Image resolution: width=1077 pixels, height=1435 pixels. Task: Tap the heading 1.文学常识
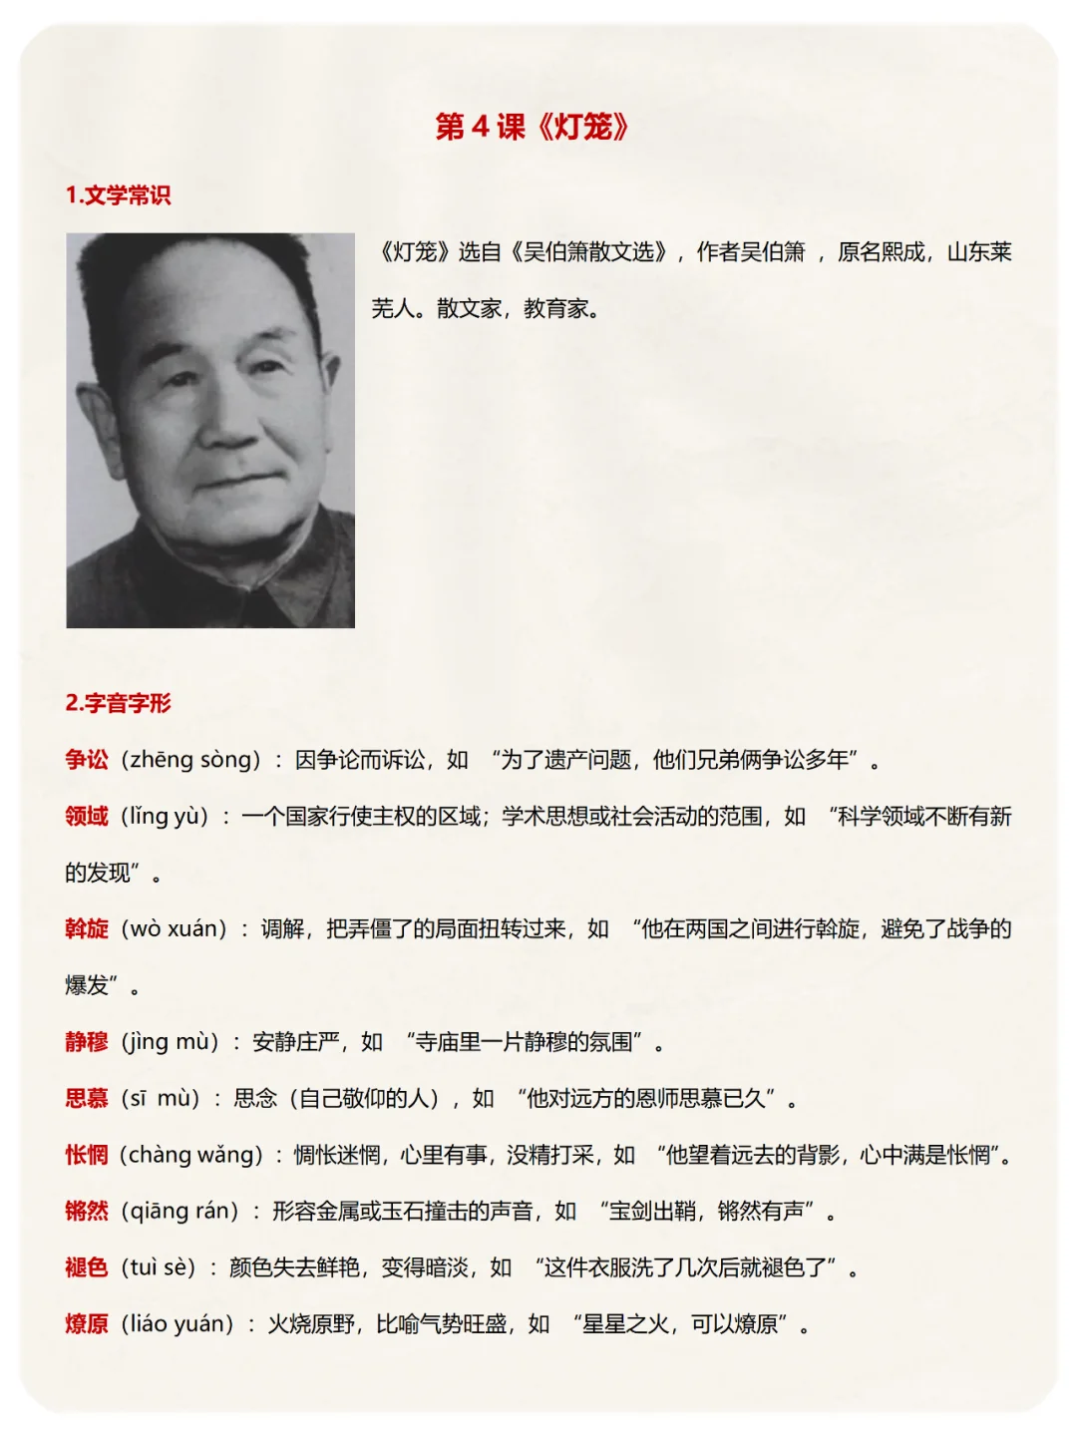[118, 195]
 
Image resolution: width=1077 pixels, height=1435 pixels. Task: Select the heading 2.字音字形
[118, 703]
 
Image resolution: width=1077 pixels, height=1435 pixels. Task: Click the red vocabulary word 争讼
[87, 760]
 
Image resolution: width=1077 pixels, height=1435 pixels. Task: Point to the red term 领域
[87, 817]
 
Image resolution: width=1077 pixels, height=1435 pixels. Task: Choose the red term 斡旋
[87, 929]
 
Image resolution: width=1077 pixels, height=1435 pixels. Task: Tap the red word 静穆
[87, 1042]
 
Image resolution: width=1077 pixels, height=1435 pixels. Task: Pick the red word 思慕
[87, 1099]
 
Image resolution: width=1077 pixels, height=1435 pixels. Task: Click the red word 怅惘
[87, 1155]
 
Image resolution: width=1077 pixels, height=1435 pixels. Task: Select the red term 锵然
[87, 1212]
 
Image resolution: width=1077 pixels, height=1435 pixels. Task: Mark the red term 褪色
[87, 1267]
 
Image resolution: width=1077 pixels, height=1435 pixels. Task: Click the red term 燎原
[87, 1324]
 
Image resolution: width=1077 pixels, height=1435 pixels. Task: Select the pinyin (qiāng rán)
[180, 1212]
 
